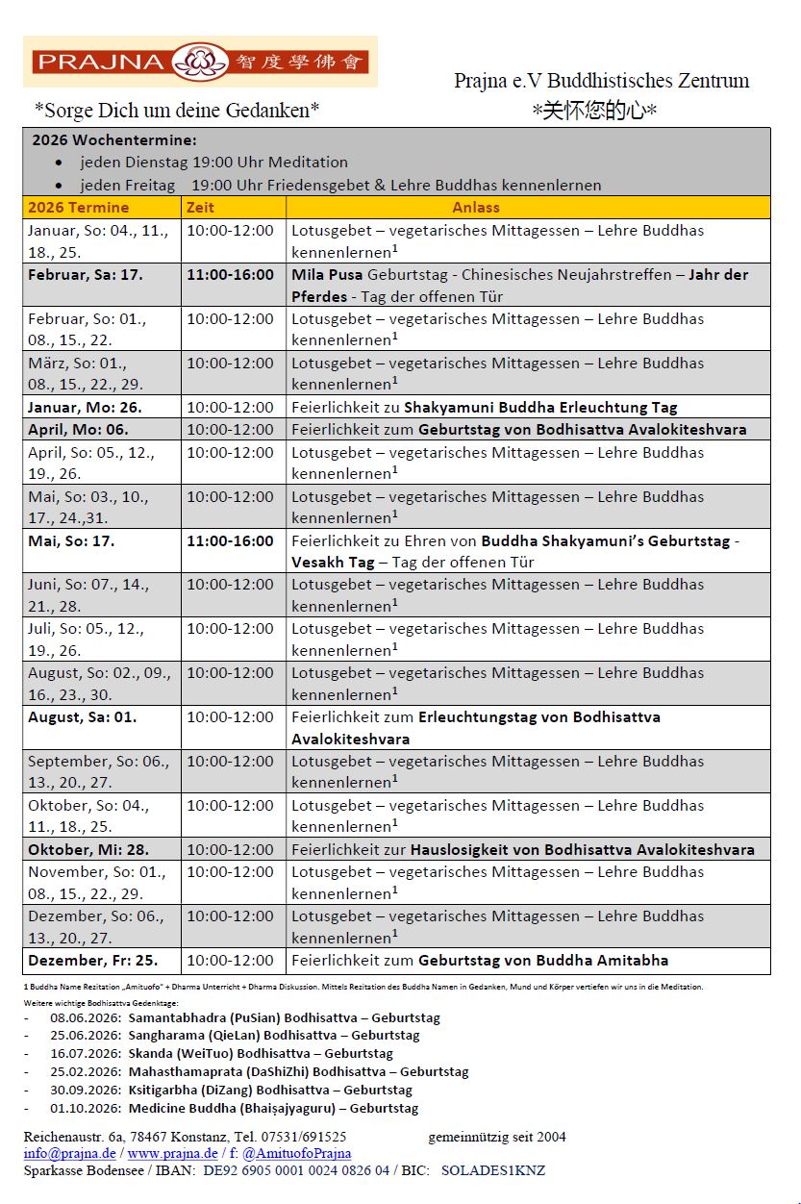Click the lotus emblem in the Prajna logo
pos(200,63)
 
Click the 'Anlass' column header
pos(476,207)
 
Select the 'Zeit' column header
pos(201,207)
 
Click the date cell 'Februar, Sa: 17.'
pos(85,275)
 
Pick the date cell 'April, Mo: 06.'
pos(78,430)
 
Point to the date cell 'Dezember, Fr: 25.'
pos(91,961)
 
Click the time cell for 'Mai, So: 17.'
pos(230,541)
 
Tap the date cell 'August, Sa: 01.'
pos(82,717)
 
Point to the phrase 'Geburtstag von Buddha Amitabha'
pos(542,961)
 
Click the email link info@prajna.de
pos(69,1153)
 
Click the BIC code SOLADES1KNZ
pos(492,1170)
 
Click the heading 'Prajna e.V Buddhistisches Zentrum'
pos(601,81)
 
